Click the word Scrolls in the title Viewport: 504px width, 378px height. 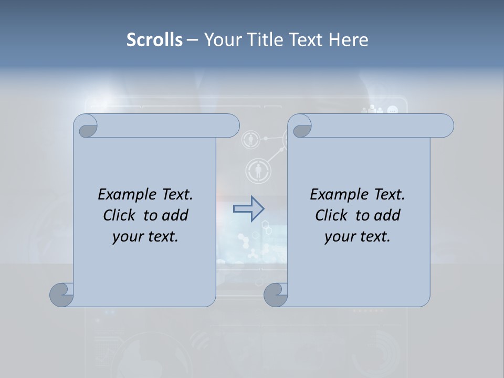pyautogui.click(x=154, y=40)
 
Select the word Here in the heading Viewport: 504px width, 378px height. pyautogui.click(x=349, y=40)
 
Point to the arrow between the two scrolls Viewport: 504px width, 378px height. pyautogui.click(x=249, y=209)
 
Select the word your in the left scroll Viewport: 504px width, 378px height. pyautogui.click(x=127, y=237)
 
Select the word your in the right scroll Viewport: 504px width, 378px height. pyautogui.click(x=339, y=237)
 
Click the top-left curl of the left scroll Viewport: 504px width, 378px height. pyautogui.click(x=86, y=126)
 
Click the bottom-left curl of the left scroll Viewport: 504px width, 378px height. pyautogui.click(x=61, y=295)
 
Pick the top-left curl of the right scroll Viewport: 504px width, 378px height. pyautogui.click(x=300, y=126)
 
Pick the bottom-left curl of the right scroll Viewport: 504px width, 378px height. pyautogui.click(x=275, y=295)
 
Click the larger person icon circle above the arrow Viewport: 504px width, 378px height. pyautogui.click(x=258, y=171)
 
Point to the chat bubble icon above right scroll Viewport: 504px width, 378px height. pyautogui.click(x=392, y=110)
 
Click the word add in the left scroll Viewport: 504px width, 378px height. pyautogui.click(x=176, y=215)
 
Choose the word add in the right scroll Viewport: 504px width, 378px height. pyautogui.click(x=388, y=215)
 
